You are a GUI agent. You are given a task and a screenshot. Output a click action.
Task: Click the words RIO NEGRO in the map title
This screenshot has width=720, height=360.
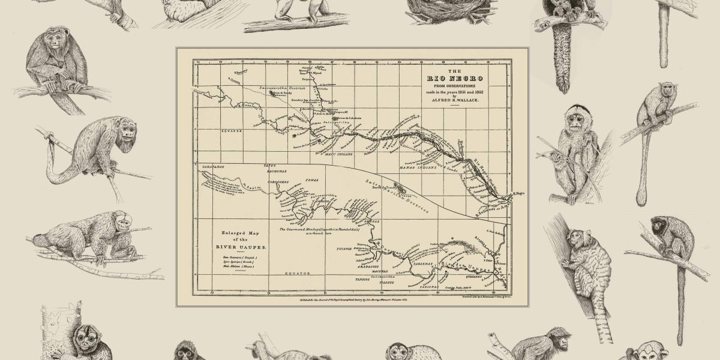click(455, 79)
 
